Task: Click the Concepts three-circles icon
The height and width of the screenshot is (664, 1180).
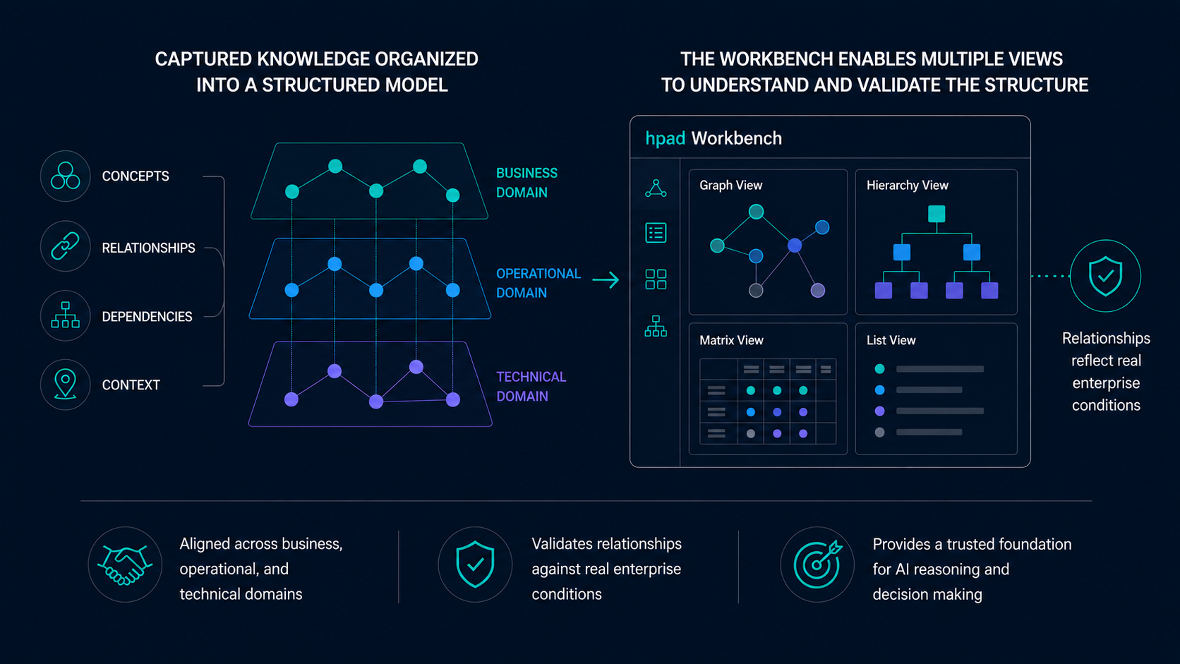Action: point(66,176)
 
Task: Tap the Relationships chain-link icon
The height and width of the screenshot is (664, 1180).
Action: point(66,246)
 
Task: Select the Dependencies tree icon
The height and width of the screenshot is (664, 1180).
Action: point(66,315)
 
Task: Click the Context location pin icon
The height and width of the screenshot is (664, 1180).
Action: point(66,385)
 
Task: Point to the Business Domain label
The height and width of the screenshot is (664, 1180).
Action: point(526,183)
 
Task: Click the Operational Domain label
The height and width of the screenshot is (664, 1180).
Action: point(538,283)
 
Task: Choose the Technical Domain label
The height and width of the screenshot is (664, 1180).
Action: point(531,387)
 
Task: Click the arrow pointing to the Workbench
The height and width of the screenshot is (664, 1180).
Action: point(606,279)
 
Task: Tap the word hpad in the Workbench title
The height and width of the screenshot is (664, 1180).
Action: point(665,138)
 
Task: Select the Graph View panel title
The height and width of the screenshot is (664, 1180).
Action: point(730,186)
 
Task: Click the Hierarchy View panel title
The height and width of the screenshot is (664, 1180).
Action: point(907,186)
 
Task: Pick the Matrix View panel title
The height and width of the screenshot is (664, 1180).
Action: point(731,340)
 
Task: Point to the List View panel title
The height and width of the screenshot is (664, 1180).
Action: point(891,340)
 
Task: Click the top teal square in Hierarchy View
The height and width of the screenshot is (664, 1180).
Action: point(936,214)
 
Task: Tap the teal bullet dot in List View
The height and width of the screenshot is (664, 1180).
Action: point(879,369)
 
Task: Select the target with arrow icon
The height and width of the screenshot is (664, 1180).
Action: point(818,564)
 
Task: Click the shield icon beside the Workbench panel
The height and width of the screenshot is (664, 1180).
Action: point(1105,276)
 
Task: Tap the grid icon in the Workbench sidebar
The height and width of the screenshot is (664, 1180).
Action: point(656,279)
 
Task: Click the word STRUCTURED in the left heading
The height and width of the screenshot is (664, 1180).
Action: point(321,85)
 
